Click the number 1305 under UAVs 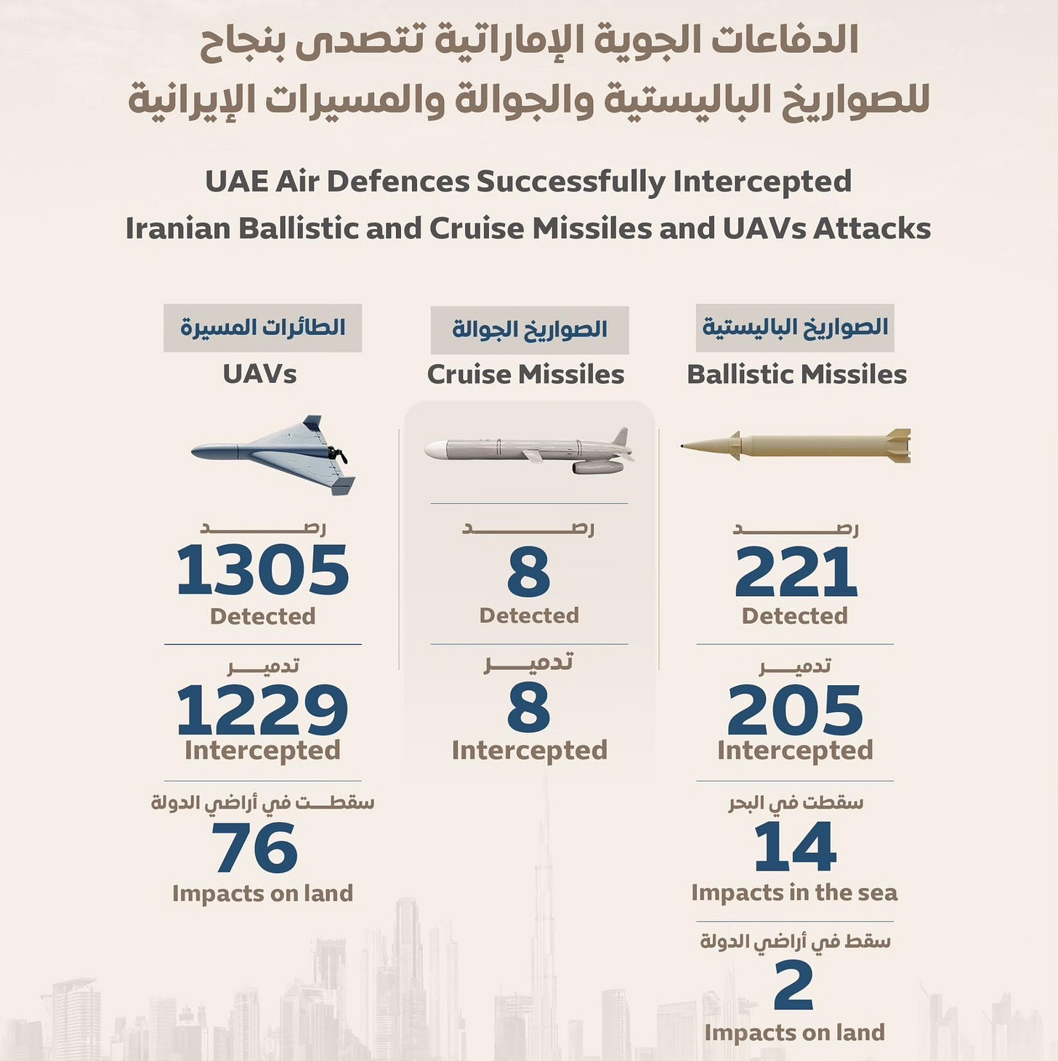click(x=262, y=570)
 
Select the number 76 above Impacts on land click(x=254, y=847)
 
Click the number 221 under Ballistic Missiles click(x=796, y=573)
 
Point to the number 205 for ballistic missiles click(x=795, y=709)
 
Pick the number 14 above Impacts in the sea click(x=795, y=847)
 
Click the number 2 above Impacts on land click(x=793, y=985)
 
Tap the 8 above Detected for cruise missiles click(x=528, y=573)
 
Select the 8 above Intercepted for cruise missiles click(x=528, y=709)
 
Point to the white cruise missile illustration click(x=528, y=451)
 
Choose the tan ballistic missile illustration click(x=796, y=445)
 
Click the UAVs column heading click(x=259, y=374)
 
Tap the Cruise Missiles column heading click(x=525, y=374)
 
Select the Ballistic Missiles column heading click(x=796, y=374)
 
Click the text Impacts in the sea click(x=794, y=892)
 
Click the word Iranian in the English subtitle click(x=178, y=228)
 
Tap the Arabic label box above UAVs click(x=262, y=328)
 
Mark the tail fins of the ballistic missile click(x=898, y=445)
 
